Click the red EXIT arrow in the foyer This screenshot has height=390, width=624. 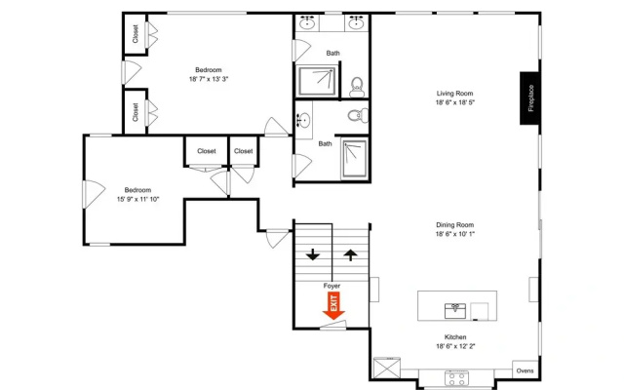(333, 305)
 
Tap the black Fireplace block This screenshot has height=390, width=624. (529, 97)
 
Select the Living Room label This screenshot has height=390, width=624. (455, 94)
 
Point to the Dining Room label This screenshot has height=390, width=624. (455, 225)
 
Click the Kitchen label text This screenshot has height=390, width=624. (455, 337)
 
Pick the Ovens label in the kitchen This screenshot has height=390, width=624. (525, 370)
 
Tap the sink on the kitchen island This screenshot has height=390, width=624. (455, 311)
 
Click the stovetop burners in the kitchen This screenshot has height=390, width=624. (456, 377)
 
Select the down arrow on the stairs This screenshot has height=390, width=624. (313, 254)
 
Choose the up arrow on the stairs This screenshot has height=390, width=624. (350, 255)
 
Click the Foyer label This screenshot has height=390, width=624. (331, 286)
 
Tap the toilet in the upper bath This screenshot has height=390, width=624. (357, 87)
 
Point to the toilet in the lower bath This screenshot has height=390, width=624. (358, 116)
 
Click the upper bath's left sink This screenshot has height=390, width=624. (307, 22)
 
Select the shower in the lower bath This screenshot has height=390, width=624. (354, 158)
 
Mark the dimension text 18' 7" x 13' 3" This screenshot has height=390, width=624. (209, 79)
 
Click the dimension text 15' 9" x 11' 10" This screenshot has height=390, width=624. (137, 199)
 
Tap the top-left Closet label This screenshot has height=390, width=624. (136, 34)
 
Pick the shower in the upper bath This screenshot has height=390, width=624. (317, 81)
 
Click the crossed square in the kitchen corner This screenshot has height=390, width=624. (387, 369)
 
